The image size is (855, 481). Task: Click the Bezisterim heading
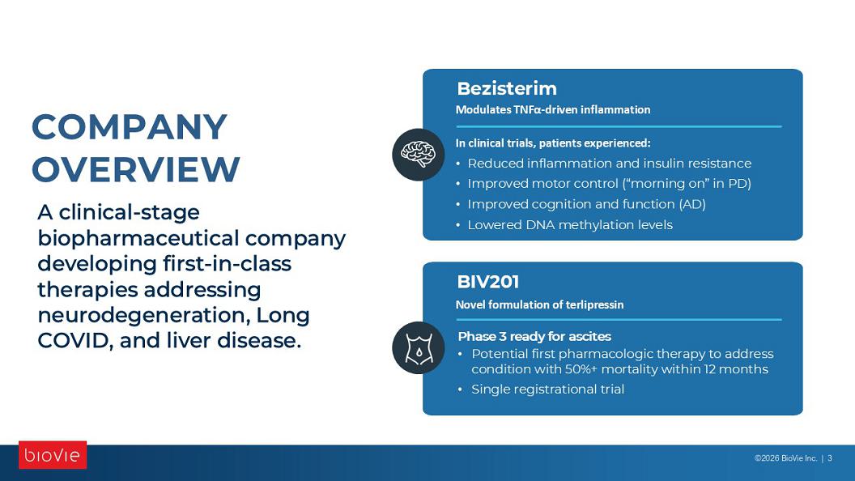[x=507, y=88]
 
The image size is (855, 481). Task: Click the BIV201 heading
[x=488, y=282]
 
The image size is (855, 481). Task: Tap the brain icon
[x=419, y=155]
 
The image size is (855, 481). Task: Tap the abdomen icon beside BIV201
[x=419, y=348]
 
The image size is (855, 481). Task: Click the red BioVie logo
[x=53, y=455]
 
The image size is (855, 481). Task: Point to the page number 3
[x=830, y=458]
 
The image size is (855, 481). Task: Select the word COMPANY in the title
[x=130, y=127]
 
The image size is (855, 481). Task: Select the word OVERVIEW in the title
[x=136, y=169]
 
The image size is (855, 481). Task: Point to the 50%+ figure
[x=581, y=369]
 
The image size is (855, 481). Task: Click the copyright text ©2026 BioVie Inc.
[x=785, y=458]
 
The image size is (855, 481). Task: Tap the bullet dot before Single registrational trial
[x=460, y=389]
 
